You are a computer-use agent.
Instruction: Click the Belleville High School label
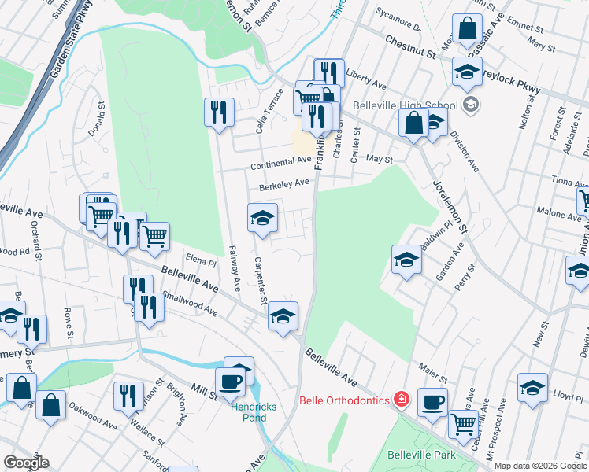(406, 105)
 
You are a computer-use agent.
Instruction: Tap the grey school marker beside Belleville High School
(471, 105)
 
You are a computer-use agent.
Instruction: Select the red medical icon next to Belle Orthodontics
(402, 400)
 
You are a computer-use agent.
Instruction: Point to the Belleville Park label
(422, 455)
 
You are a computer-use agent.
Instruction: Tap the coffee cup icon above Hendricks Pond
(230, 382)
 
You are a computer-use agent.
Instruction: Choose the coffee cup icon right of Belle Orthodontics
(432, 402)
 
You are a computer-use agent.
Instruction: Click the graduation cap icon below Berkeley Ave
(262, 218)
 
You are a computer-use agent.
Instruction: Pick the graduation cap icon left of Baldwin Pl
(406, 259)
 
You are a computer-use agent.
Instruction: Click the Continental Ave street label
(281, 164)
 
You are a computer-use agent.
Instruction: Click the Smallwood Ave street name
(190, 304)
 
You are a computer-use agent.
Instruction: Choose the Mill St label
(202, 391)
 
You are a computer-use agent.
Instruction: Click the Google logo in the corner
(26, 463)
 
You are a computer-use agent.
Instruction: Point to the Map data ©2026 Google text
(540, 466)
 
